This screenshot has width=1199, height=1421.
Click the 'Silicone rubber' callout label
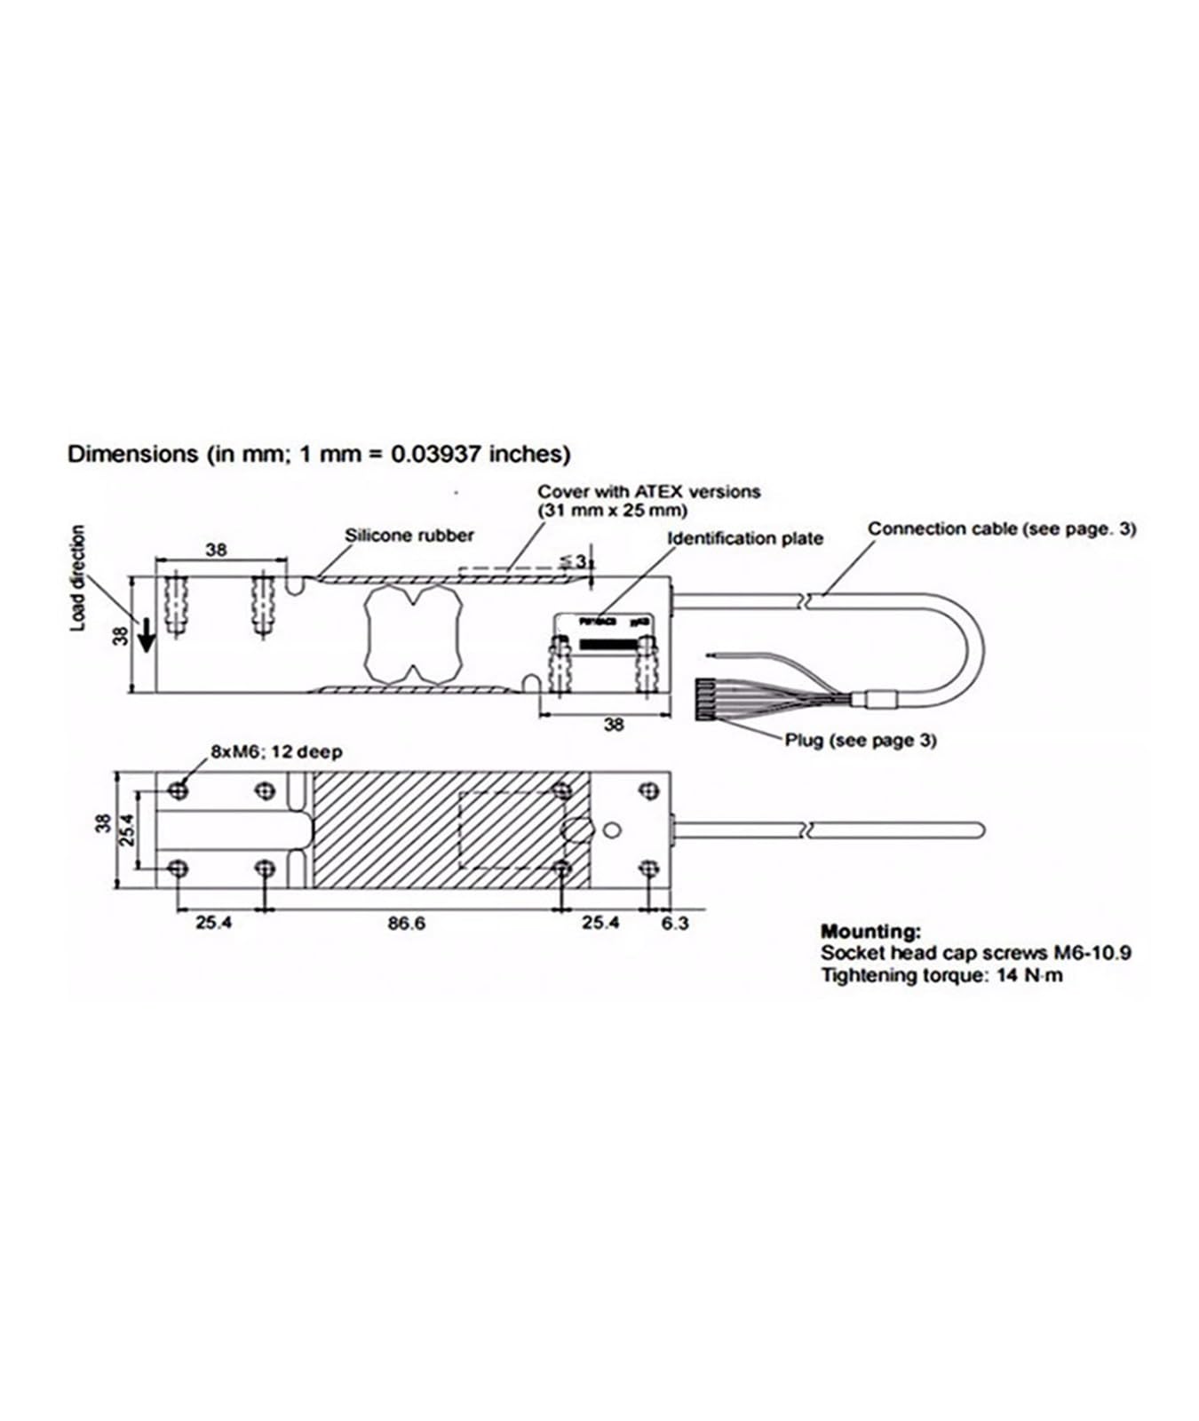click(409, 536)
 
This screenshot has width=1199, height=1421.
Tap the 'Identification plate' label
click(744, 538)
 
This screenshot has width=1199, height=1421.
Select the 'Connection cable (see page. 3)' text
click(1001, 528)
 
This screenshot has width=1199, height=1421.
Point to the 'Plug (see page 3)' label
click(860, 740)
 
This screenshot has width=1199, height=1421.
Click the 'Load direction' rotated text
click(79, 577)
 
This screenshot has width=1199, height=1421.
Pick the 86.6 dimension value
click(406, 924)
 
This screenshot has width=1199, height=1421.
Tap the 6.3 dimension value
click(674, 924)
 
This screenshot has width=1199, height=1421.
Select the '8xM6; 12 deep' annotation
click(275, 752)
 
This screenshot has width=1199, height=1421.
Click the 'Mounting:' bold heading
click(870, 932)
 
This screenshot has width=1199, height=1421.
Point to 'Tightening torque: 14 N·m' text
click(941, 976)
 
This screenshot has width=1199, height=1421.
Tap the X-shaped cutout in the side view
click(411, 634)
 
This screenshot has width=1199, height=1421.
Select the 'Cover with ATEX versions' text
click(648, 491)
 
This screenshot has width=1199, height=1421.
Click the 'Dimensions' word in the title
click(133, 454)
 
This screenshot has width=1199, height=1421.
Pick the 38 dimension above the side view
click(216, 550)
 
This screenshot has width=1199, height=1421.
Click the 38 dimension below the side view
click(614, 725)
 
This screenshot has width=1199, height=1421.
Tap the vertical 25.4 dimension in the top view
click(126, 830)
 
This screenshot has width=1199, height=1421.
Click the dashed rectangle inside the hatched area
click(510, 830)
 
